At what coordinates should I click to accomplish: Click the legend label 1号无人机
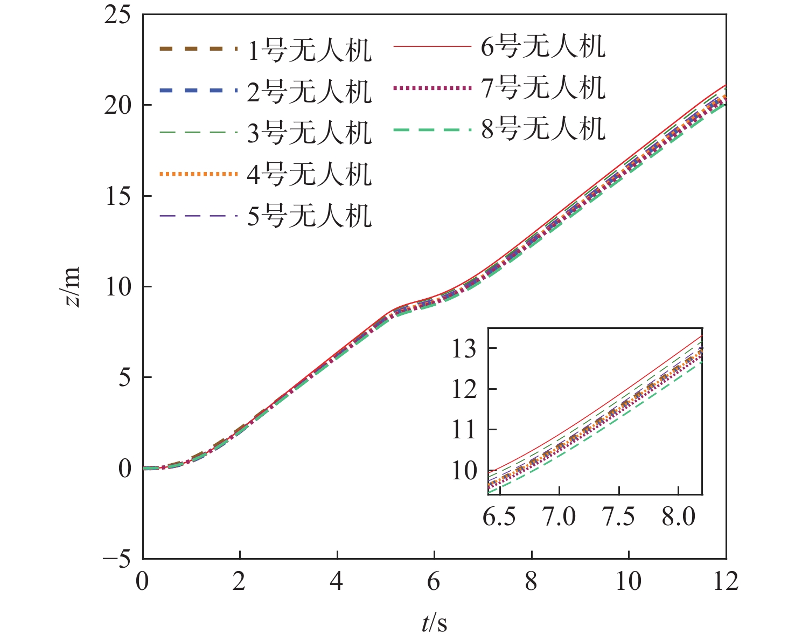pos(309,51)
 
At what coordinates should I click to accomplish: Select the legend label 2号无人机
pos(309,92)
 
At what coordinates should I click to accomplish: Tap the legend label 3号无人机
pos(309,133)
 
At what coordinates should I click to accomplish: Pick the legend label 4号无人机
pos(309,174)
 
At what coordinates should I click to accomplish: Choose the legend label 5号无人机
pos(309,216)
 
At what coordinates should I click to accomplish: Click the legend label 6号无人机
pos(543,46)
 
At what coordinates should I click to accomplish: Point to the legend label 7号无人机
pos(543,87)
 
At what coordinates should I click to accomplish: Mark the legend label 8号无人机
pos(543,129)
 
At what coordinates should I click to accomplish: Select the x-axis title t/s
pos(434,623)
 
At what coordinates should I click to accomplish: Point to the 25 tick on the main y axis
pos(117,15)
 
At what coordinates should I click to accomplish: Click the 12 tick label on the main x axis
pos(726,582)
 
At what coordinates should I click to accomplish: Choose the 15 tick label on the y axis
pos(117,196)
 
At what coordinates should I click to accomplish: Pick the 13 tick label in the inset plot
pos(464,349)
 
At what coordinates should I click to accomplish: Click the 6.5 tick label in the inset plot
pos(499,517)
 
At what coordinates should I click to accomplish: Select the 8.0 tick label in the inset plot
pos(678,517)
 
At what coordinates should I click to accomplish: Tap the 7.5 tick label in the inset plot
pos(619,517)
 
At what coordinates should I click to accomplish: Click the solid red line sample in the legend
pos(432,47)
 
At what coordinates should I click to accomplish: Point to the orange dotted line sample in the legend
pos(198,174)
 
